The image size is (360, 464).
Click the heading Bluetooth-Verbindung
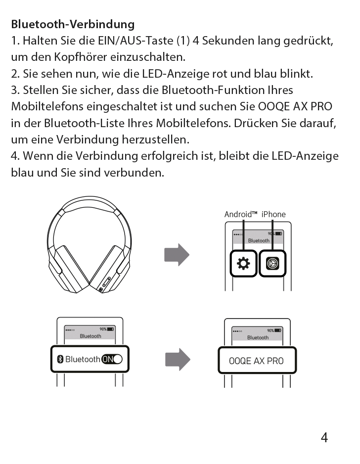pyautogui.click(x=73, y=24)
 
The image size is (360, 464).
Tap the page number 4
pyautogui.click(x=324, y=437)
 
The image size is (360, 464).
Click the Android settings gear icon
pyautogui.click(x=243, y=263)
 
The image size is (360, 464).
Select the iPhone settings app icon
pyautogui.click(x=272, y=263)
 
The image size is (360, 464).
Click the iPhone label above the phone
pyautogui.click(x=273, y=214)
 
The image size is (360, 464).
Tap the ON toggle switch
pyautogui.click(x=112, y=359)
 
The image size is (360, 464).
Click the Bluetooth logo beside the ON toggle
pyautogui.click(x=60, y=359)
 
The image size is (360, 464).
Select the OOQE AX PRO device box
pyautogui.click(x=257, y=360)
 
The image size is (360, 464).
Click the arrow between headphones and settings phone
pyautogui.click(x=177, y=255)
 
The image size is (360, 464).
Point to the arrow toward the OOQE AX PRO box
pyautogui.click(x=178, y=360)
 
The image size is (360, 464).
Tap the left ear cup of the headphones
pyautogui.click(x=70, y=269)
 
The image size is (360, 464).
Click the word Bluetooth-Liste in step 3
pyautogui.click(x=84, y=123)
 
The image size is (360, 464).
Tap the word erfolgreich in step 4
pyautogui.click(x=169, y=156)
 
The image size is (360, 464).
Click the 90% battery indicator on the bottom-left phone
pyautogui.click(x=107, y=329)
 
